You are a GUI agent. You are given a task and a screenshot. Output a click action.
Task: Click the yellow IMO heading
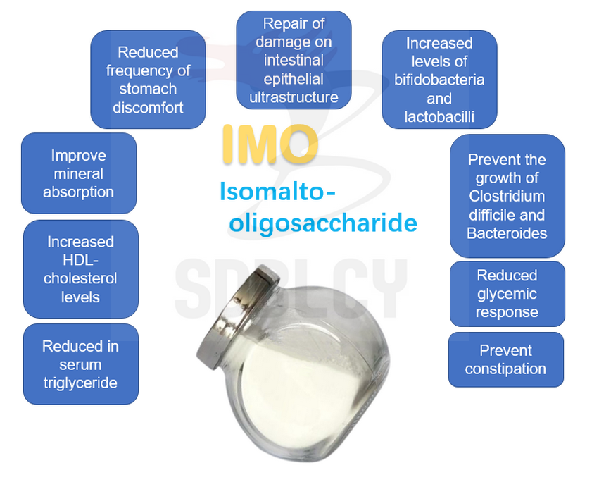[270, 144]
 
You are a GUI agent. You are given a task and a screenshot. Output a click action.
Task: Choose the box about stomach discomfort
[148, 80]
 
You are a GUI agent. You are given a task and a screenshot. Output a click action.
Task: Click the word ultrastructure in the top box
[294, 97]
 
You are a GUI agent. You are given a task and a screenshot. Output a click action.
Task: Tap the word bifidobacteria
[439, 80]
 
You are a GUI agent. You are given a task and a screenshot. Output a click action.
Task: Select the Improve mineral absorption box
[78, 173]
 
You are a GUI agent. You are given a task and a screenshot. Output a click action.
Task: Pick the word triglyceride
[80, 383]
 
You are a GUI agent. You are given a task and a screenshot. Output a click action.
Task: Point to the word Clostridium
[507, 197]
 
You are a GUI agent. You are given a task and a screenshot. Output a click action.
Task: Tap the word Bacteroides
[507, 233]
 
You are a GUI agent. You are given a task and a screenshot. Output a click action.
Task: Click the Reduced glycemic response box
[507, 294]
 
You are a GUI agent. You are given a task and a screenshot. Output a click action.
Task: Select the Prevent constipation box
[505, 359]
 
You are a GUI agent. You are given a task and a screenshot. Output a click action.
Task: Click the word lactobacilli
[439, 116]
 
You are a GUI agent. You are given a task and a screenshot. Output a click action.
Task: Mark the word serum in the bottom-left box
[80, 365]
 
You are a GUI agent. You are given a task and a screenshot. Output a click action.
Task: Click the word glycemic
[507, 294]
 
